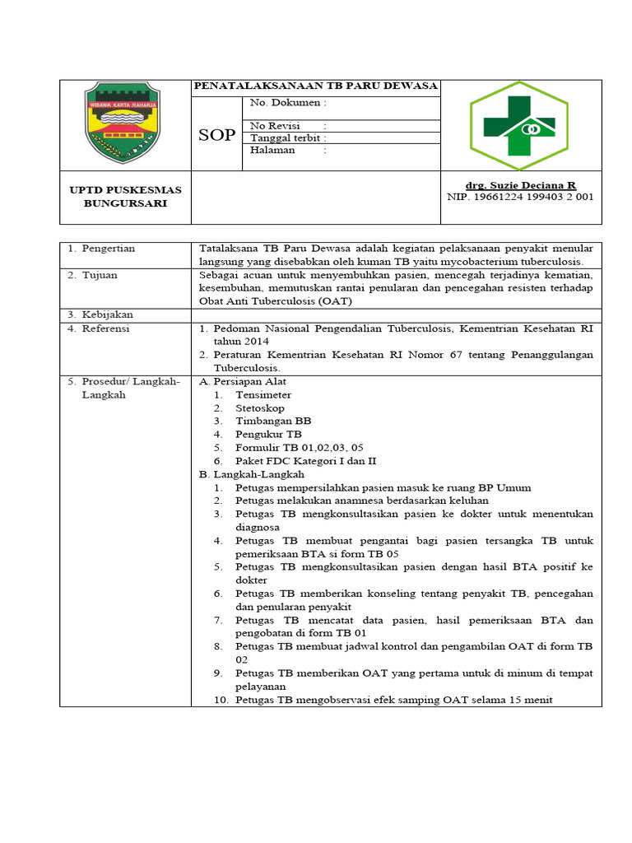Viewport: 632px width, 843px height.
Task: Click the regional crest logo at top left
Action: click(x=124, y=123)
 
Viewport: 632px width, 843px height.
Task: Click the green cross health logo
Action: click(x=518, y=125)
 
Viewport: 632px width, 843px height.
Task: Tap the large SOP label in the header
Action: click(x=216, y=135)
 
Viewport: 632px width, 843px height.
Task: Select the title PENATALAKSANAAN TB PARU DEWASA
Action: click(x=315, y=86)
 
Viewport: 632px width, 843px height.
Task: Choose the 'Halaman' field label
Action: click(x=272, y=151)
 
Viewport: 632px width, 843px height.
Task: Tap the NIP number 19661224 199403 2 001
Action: click(x=520, y=198)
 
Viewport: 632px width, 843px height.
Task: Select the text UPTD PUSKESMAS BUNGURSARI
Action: click(x=125, y=197)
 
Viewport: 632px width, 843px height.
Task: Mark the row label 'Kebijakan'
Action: click(x=106, y=314)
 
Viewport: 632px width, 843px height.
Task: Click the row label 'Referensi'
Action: click(x=105, y=328)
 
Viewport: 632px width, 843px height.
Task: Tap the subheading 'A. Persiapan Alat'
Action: click(x=243, y=382)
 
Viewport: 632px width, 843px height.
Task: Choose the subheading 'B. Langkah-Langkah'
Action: click(x=252, y=475)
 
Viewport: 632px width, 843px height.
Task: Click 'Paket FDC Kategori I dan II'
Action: click(x=305, y=461)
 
